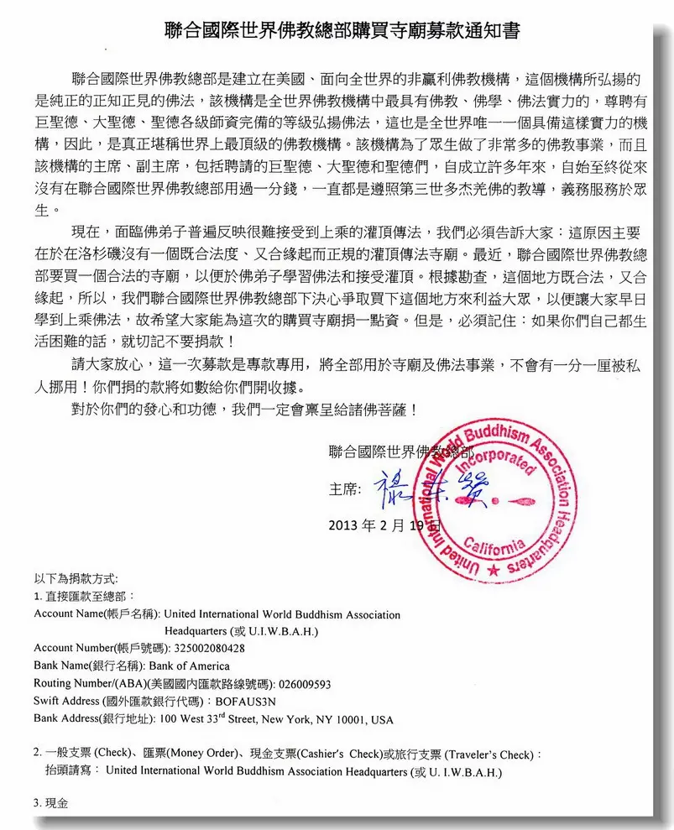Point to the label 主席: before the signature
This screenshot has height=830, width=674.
point(343,488)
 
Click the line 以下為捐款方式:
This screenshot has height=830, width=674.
point(76,578)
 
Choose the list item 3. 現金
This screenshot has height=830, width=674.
point(50,803)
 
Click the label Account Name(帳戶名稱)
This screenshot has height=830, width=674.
point(97,613)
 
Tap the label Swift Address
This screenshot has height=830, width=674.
point(66,702)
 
